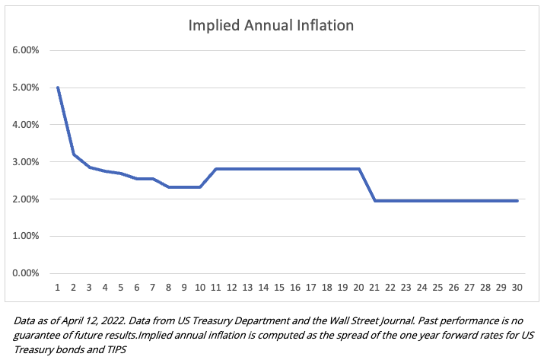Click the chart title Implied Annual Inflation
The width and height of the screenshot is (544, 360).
(271, 26)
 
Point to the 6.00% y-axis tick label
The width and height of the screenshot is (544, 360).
(26, 50)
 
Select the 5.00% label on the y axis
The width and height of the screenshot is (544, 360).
(26, 88)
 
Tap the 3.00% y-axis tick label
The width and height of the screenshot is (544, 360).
(26, 162)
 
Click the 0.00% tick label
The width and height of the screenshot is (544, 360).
(26, 273)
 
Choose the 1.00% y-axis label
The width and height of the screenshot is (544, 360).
(26, 237)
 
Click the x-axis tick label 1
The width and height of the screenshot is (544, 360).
(58, 288)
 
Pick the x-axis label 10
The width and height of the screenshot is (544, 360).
(200, 288)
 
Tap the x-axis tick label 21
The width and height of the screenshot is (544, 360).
(374, 288)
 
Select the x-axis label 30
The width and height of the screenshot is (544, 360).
(517, 288)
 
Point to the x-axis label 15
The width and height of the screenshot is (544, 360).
(279, 288)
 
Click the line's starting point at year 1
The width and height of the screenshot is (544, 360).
(58, 88)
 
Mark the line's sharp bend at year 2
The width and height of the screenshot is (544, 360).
(74, 155)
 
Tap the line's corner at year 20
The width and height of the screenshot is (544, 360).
(358, 169)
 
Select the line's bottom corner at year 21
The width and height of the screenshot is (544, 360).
(374, 201)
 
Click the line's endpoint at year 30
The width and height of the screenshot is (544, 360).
(517, 201)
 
